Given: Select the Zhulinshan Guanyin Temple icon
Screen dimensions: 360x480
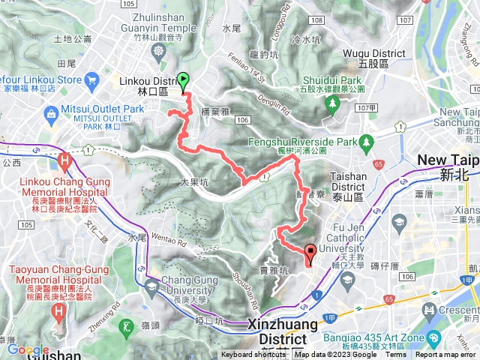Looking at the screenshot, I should (158, 51).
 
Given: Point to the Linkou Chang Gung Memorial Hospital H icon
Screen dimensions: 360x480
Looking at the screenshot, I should (64, 160).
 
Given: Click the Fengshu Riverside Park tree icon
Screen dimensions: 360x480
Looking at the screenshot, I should (366, 141).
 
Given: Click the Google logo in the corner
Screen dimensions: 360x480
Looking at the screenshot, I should (28, 350).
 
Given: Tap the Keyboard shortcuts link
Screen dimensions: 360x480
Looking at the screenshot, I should (253, 355).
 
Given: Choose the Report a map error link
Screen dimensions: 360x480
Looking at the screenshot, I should (447, 355).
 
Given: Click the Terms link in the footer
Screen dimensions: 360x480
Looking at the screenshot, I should (395, 355).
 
